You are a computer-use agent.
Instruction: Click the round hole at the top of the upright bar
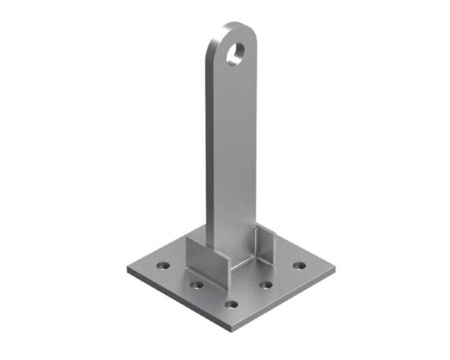coord(236,52)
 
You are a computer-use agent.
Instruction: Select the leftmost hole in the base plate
coord(165,265)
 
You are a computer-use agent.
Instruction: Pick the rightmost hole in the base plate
coord(298,264)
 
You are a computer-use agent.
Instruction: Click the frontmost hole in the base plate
coord(232,303)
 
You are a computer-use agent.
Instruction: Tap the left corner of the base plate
coord(129,269)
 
